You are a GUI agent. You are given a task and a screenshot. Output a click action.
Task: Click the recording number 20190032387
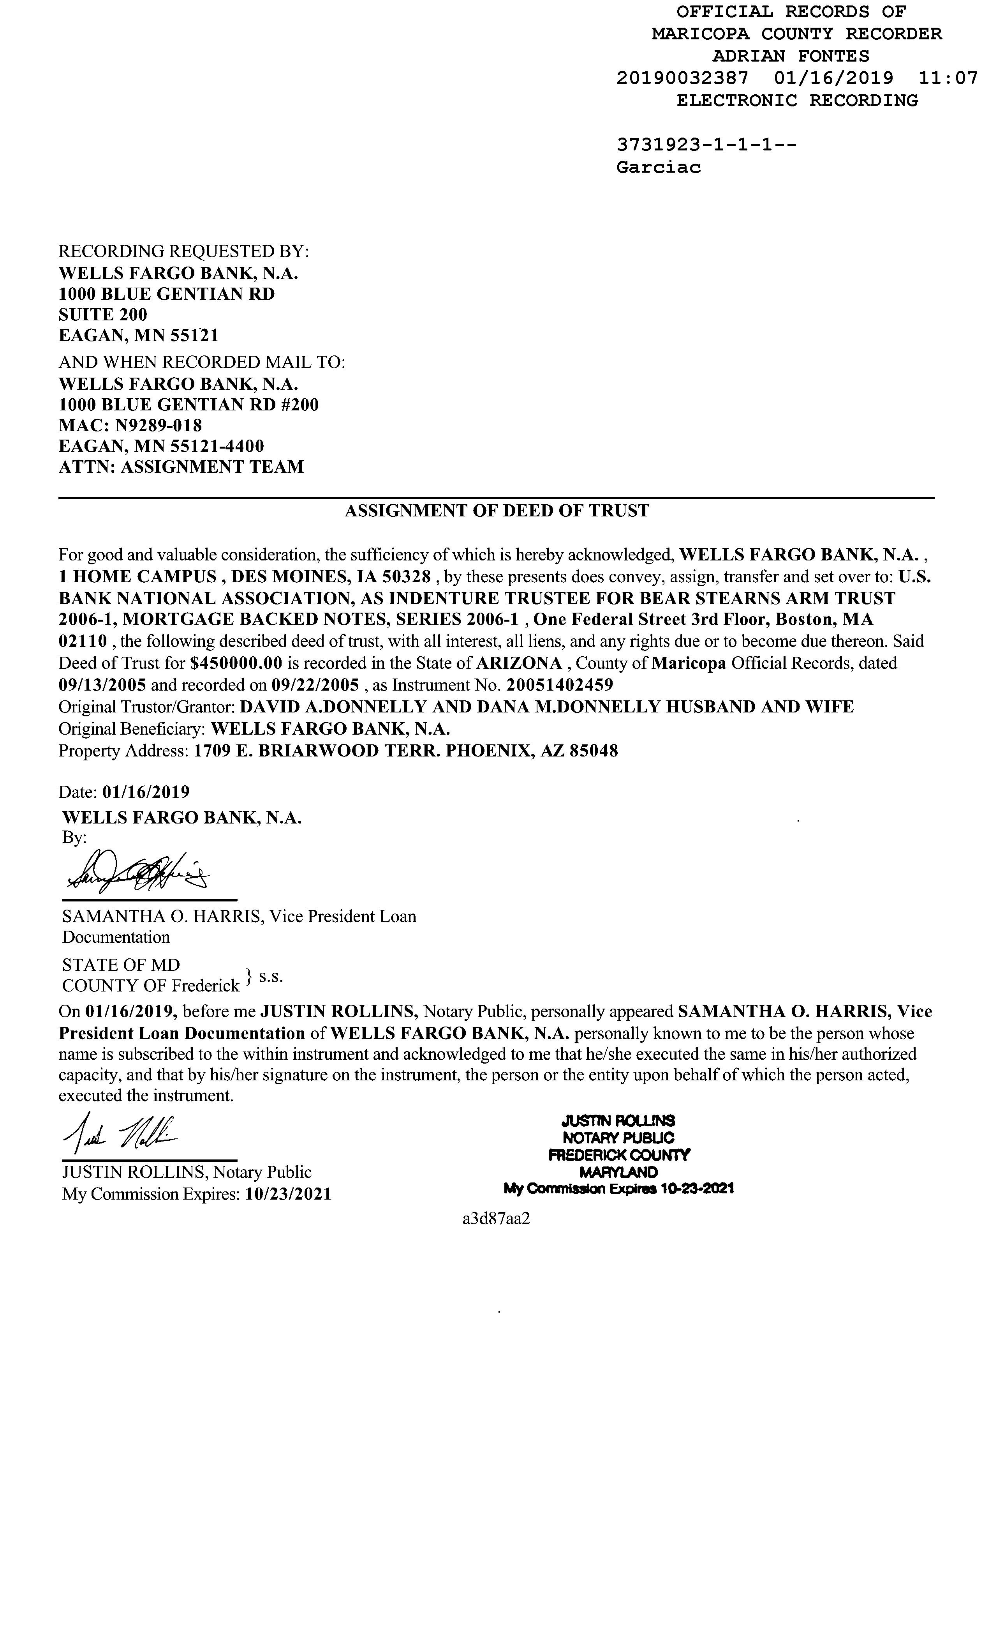point(682,79)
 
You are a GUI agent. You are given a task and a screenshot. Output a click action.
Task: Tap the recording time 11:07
point(948,79)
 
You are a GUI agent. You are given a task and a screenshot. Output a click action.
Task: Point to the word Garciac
point(659,167)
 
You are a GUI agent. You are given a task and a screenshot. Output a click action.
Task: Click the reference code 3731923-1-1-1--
point(706,145)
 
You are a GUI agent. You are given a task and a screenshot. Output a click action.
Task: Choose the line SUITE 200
point(103,315)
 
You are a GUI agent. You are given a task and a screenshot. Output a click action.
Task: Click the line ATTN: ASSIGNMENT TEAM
point(181,467)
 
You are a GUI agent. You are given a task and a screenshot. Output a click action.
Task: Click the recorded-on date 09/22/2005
point(315,685)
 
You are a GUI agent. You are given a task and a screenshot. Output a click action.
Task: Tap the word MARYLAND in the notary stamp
point(618,1172)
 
